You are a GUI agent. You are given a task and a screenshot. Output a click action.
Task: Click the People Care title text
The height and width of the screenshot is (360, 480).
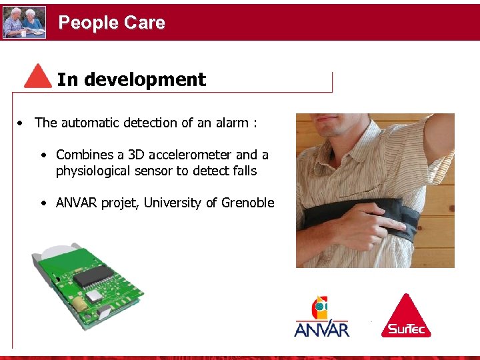[111, 23]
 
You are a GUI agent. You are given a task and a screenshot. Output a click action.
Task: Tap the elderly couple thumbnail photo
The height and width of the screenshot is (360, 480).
[25, 22]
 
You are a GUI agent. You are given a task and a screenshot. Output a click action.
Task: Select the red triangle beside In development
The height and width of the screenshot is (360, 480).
[38, 77]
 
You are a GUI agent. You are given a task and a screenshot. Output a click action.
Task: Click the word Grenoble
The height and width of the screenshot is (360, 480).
[247, 203]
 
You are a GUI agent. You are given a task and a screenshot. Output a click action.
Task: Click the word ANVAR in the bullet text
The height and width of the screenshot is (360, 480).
[77, 203]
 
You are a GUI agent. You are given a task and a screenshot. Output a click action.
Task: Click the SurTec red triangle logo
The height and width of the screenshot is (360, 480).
[406, 316]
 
